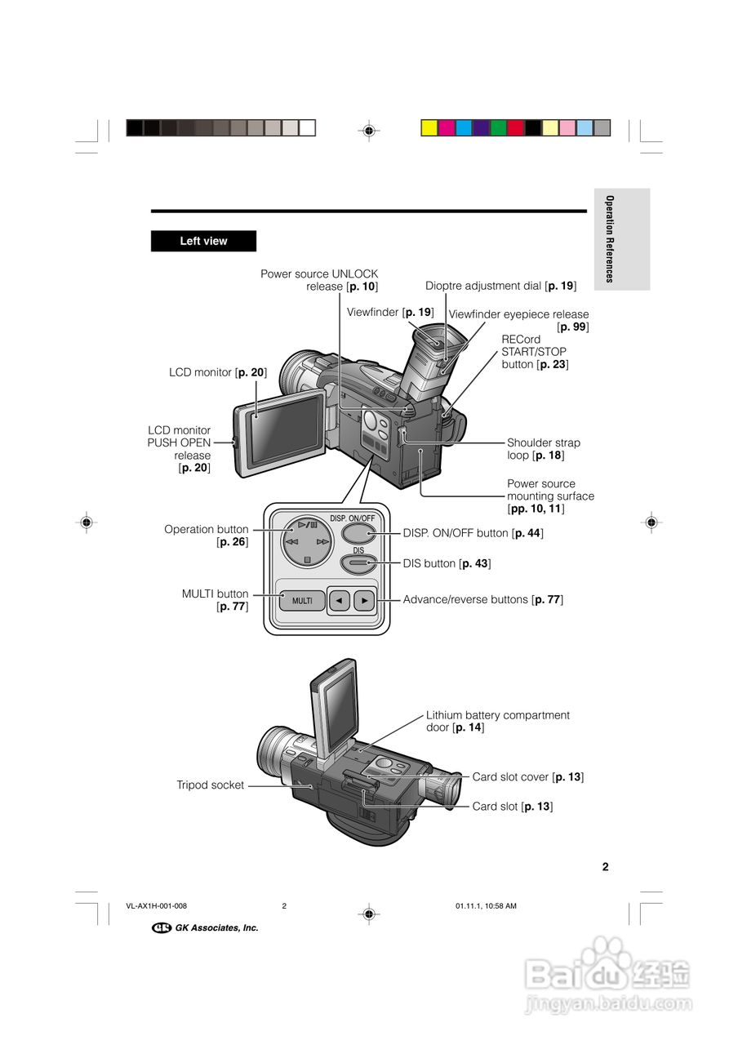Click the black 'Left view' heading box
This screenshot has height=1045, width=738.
click(203, 241)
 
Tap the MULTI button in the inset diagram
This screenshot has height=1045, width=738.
click(302, 601)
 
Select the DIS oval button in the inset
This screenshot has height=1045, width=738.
click(358, 563)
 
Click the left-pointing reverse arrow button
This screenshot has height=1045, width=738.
click(338, 601)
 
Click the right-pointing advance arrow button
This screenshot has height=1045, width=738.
click(364, 601)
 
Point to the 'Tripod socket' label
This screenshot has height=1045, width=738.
click(211, 785)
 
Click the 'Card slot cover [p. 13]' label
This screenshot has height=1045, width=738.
click(527, 777)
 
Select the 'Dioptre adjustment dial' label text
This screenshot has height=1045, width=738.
click(500, 286)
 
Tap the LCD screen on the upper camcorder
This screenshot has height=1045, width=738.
click(284, 431)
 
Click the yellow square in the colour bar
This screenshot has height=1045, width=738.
click(429, 127)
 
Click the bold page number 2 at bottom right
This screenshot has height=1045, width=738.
click(605, 867)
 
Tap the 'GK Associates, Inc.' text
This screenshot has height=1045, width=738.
click(216, 927)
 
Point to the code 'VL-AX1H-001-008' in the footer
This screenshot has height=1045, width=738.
click(157, 906)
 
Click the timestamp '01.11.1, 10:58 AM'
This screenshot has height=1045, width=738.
click(486, 906)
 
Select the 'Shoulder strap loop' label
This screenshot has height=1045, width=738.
click(543, 449)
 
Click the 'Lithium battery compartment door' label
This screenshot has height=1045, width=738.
click(497, 721)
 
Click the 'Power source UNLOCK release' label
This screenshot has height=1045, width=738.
click(319, 280)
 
